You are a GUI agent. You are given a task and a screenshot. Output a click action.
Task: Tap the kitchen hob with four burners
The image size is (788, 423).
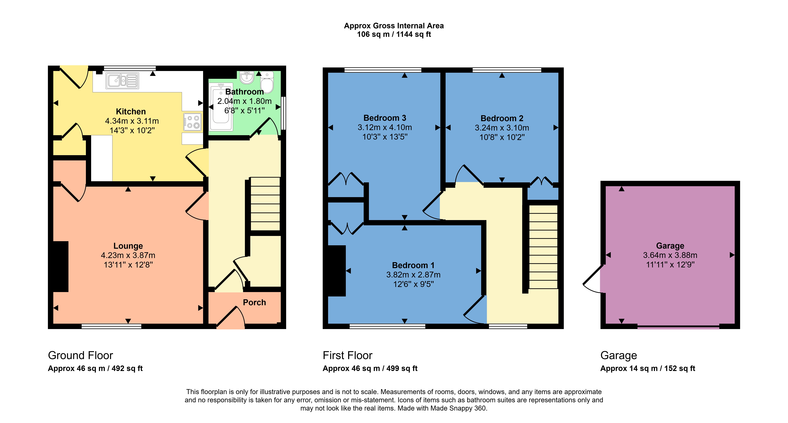[192, 122]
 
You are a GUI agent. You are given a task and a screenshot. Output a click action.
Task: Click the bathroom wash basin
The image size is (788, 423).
[247, 77]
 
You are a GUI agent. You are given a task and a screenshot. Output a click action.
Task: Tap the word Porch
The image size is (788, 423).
[254, 303]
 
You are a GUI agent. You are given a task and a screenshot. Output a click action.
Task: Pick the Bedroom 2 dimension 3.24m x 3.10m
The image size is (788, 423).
[502, 128]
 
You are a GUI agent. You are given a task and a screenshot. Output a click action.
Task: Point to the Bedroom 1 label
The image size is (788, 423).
[413, 265]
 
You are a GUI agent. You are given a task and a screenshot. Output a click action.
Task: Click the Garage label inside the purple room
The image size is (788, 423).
[670, 246]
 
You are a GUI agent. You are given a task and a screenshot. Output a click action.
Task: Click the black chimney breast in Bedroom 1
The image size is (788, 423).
[336, 271]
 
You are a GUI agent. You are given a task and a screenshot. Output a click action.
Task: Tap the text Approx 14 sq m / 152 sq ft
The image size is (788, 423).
[648, 369]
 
